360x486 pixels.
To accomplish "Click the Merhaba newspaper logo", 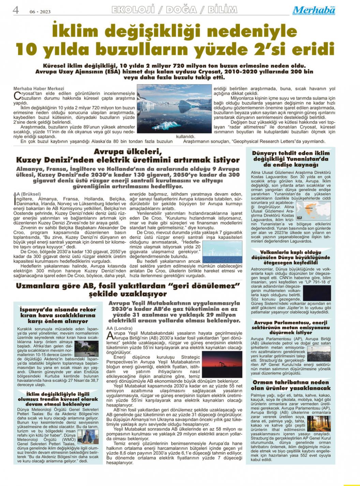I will [314, 10].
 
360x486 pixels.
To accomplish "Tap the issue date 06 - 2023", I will [40, 12].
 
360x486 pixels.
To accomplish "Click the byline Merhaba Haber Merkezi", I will [39, 89].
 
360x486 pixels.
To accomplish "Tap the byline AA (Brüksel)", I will [27, 194].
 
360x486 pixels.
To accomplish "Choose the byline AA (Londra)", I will [120, 328].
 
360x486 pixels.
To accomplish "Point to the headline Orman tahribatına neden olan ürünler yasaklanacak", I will [290, 385].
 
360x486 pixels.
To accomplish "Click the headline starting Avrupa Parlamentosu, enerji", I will [290, 327].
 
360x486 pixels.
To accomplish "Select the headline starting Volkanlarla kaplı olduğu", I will [290, 257].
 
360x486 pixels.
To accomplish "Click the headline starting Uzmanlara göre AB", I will [128, 289].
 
